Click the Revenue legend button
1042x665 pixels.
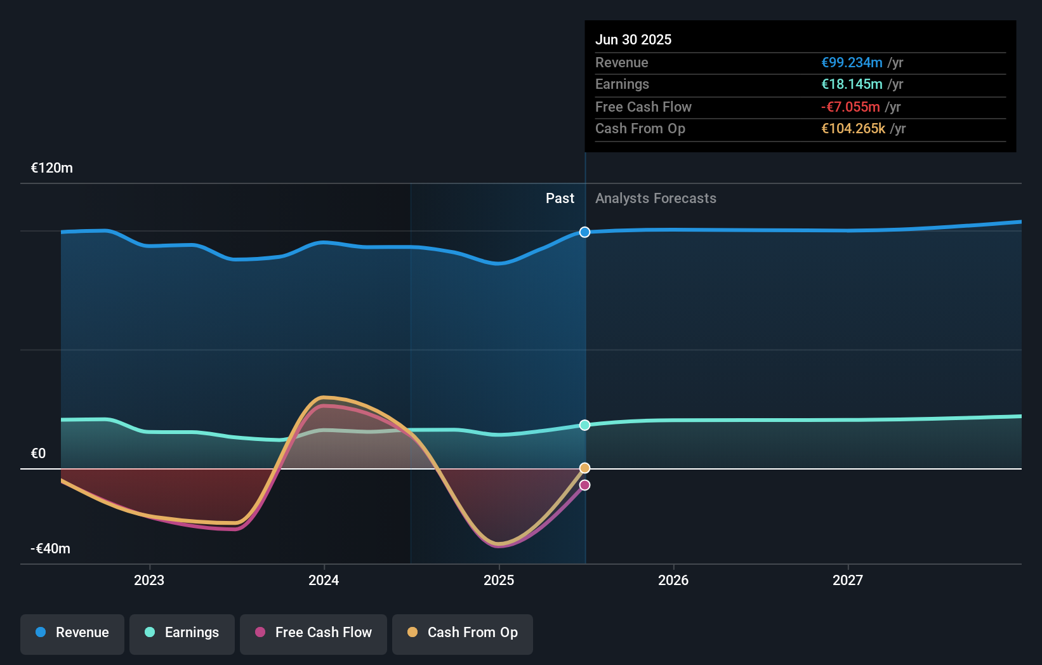[72, 633]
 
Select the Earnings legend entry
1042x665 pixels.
[182, 633]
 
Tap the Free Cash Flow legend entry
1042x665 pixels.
[313, 633]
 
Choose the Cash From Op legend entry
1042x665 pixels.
[463, 633]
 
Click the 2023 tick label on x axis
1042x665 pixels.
[149, 581]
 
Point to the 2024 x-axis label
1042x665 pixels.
[324, 581]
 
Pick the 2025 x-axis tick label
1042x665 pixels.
[499, 581]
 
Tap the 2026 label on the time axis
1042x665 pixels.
[673, 581]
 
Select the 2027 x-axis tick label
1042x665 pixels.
[848, 581]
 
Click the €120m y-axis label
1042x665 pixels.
[52, 168]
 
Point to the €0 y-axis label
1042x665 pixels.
[38, 454]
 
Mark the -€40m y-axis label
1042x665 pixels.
[51, 549]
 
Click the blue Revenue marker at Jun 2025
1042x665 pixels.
[585, 232]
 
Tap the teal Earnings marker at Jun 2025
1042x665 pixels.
[585, 425]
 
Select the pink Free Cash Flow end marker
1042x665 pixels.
[585, 485]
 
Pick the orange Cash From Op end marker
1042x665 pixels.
[585, 468]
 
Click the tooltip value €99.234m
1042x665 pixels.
[852, 63]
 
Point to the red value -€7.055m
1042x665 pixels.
[850, 107]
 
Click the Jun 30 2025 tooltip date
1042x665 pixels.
[633, 40]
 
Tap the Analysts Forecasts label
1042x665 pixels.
[656, 199]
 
